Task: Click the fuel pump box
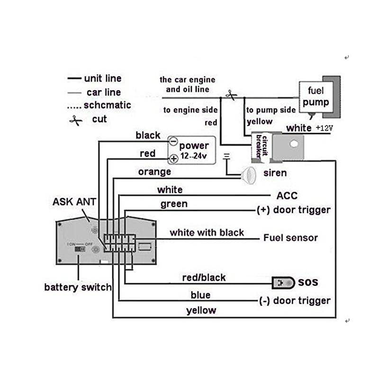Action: (316, 96)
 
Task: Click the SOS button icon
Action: (282, 283)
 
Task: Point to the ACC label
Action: (287, 196)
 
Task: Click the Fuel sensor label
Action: (290, 238)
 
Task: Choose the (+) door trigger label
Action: (293, 210)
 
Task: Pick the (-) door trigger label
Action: (295, 301)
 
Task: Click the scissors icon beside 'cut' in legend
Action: (75, 120)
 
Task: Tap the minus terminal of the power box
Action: (173, 142)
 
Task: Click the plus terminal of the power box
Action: (173, 158)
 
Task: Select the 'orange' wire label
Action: (154, 172)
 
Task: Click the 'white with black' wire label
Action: (207, 233)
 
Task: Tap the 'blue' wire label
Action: (200, 295)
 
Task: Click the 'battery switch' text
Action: (78, 287)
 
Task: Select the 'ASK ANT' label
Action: (74, 202)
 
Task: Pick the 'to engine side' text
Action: (190, 110)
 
